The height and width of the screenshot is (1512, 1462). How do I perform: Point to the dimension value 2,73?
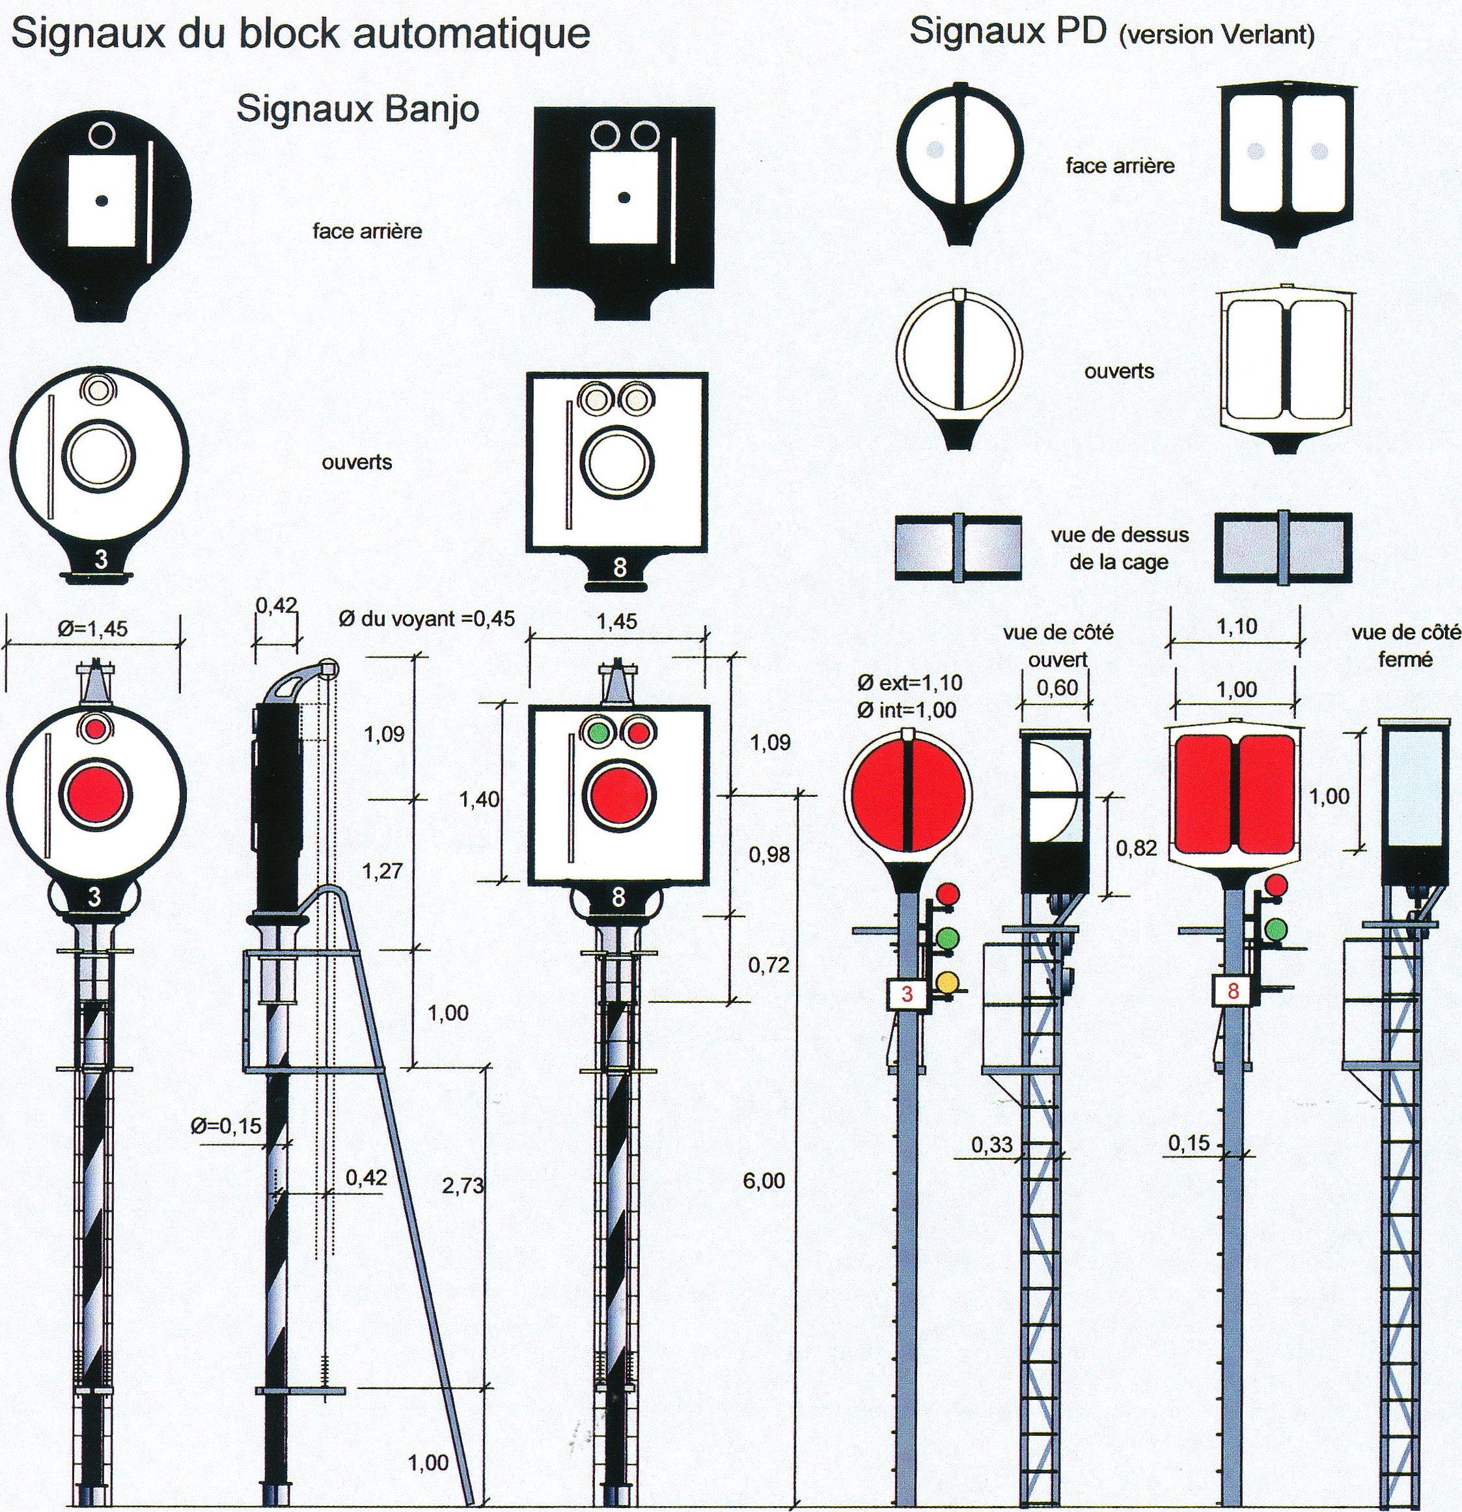463,1186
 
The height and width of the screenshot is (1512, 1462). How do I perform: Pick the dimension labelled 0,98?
769,854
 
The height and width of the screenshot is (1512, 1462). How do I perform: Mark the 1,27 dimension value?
383,871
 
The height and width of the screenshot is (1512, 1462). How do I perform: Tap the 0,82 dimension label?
1137,848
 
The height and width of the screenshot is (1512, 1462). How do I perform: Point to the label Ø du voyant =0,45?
426,619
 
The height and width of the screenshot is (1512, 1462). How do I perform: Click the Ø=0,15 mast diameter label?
226,1127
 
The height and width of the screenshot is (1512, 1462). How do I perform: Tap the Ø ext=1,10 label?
910,682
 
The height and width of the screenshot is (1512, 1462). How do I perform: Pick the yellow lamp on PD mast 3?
947,982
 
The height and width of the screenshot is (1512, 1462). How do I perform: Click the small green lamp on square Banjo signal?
596,730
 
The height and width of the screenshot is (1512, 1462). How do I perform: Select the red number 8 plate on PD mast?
1232,991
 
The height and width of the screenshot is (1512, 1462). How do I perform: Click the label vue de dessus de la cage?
1119,548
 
